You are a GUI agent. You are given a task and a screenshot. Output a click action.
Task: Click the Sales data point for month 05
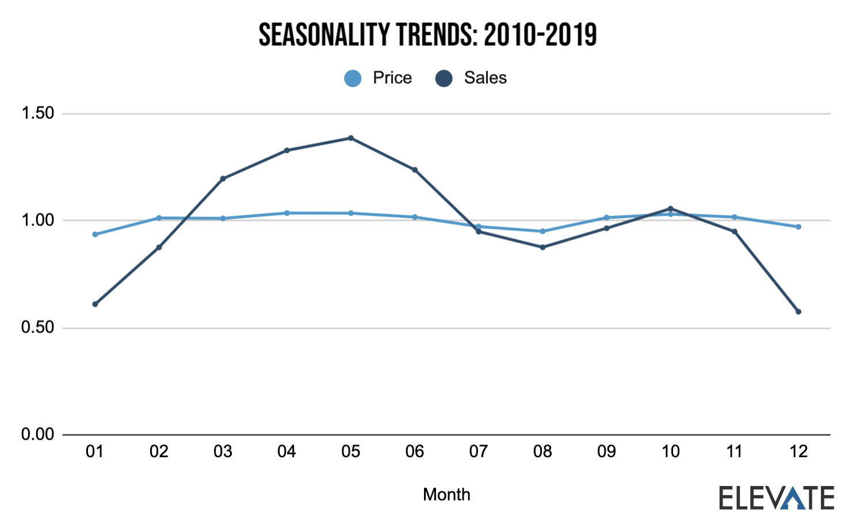(x=351, y=138)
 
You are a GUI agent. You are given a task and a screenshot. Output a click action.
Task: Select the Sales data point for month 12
(x=798, y=312)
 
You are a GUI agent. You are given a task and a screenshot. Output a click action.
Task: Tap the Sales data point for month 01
(x=95, y=304)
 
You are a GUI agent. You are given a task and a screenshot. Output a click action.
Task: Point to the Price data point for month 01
(x=95, y=235)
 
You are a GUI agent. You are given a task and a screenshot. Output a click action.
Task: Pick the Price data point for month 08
(x=542, y=231)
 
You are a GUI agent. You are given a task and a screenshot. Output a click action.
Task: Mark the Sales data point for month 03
(x=223, y=178)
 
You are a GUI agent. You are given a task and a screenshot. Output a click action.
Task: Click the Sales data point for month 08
(x=542, y=247)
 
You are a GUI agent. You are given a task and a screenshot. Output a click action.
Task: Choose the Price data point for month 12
(x=798, y=227)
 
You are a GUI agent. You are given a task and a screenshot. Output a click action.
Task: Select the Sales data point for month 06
(x=415, y=170)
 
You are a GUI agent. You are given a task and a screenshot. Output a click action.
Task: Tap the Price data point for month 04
(x=286, y=213)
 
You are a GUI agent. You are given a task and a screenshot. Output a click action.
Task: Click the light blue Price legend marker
(x=353, y=78)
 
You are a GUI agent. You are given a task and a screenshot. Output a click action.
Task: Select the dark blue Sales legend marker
(x=444, y=78)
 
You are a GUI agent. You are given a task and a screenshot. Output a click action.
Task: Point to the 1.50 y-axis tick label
(x=37, y=113)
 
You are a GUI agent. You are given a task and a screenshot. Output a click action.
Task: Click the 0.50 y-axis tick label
(x=37, y=328)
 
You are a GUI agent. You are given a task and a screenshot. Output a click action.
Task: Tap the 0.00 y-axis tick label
(x=37, y=435)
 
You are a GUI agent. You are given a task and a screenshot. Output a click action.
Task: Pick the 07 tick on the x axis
(x=479, y=452)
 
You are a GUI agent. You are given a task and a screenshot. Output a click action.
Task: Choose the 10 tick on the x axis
(x=671, y=452)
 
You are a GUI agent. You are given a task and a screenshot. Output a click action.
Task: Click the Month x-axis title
(x=446, y=495)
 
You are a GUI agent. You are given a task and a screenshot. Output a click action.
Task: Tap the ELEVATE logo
(x=777, y=498)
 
